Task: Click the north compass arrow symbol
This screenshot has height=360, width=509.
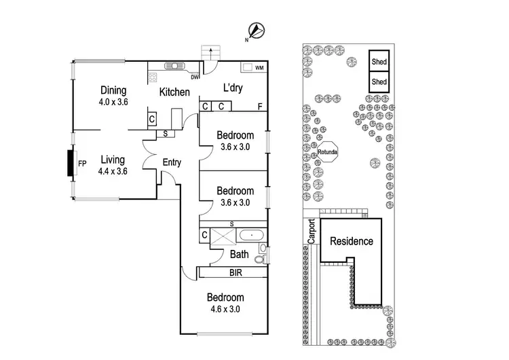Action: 257,30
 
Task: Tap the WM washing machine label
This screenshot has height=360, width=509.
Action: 259,68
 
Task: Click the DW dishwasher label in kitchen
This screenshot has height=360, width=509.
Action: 195,77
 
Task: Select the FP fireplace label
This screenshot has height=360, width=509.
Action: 82,164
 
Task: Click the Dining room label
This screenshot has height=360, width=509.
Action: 114,90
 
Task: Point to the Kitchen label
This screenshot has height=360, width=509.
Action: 174,92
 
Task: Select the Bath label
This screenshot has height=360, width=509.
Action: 239,255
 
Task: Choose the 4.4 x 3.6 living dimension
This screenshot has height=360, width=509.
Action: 113,171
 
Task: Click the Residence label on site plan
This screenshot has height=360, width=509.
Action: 352,241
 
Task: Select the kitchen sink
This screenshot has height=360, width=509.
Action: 173,67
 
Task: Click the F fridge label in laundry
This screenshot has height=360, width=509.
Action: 260,107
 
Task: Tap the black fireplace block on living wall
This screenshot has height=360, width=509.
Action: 70,164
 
